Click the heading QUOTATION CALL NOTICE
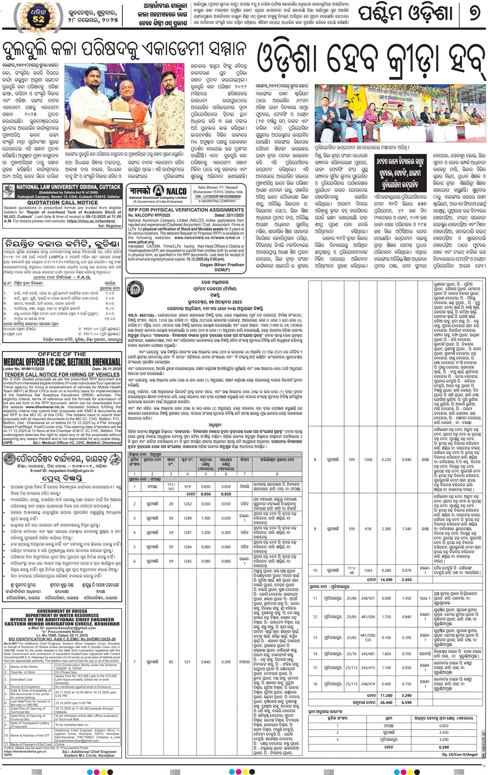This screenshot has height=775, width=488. (x=63, y=202)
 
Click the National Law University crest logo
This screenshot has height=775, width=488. (x=9, y=191)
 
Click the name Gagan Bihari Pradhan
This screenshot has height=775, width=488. (x=222, y=265)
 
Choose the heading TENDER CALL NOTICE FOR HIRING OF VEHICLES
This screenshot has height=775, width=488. (x=62, y=375)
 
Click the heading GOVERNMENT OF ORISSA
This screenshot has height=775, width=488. (x=62, y=611)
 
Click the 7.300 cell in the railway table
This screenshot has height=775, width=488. (x=205, y=518)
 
